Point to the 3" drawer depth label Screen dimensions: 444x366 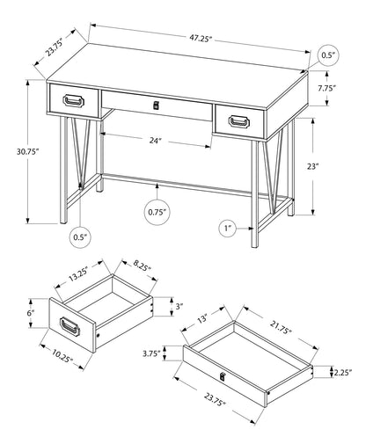pyautogui.click(x=178, y=305)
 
